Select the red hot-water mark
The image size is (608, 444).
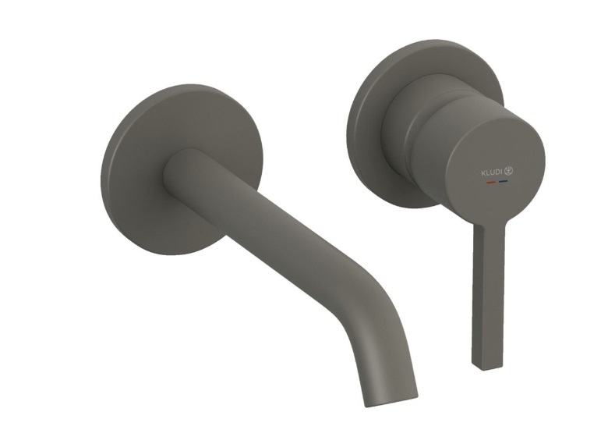[x=491, y=182]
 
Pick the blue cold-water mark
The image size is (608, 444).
[x=504, y=181]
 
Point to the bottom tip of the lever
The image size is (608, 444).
[x=487, y=368]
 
